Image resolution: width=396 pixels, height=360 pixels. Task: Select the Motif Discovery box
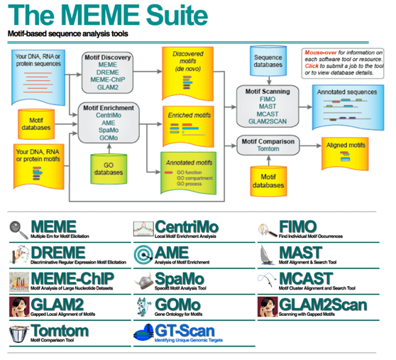106,72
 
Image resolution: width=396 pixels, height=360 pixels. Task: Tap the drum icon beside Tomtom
18,332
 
